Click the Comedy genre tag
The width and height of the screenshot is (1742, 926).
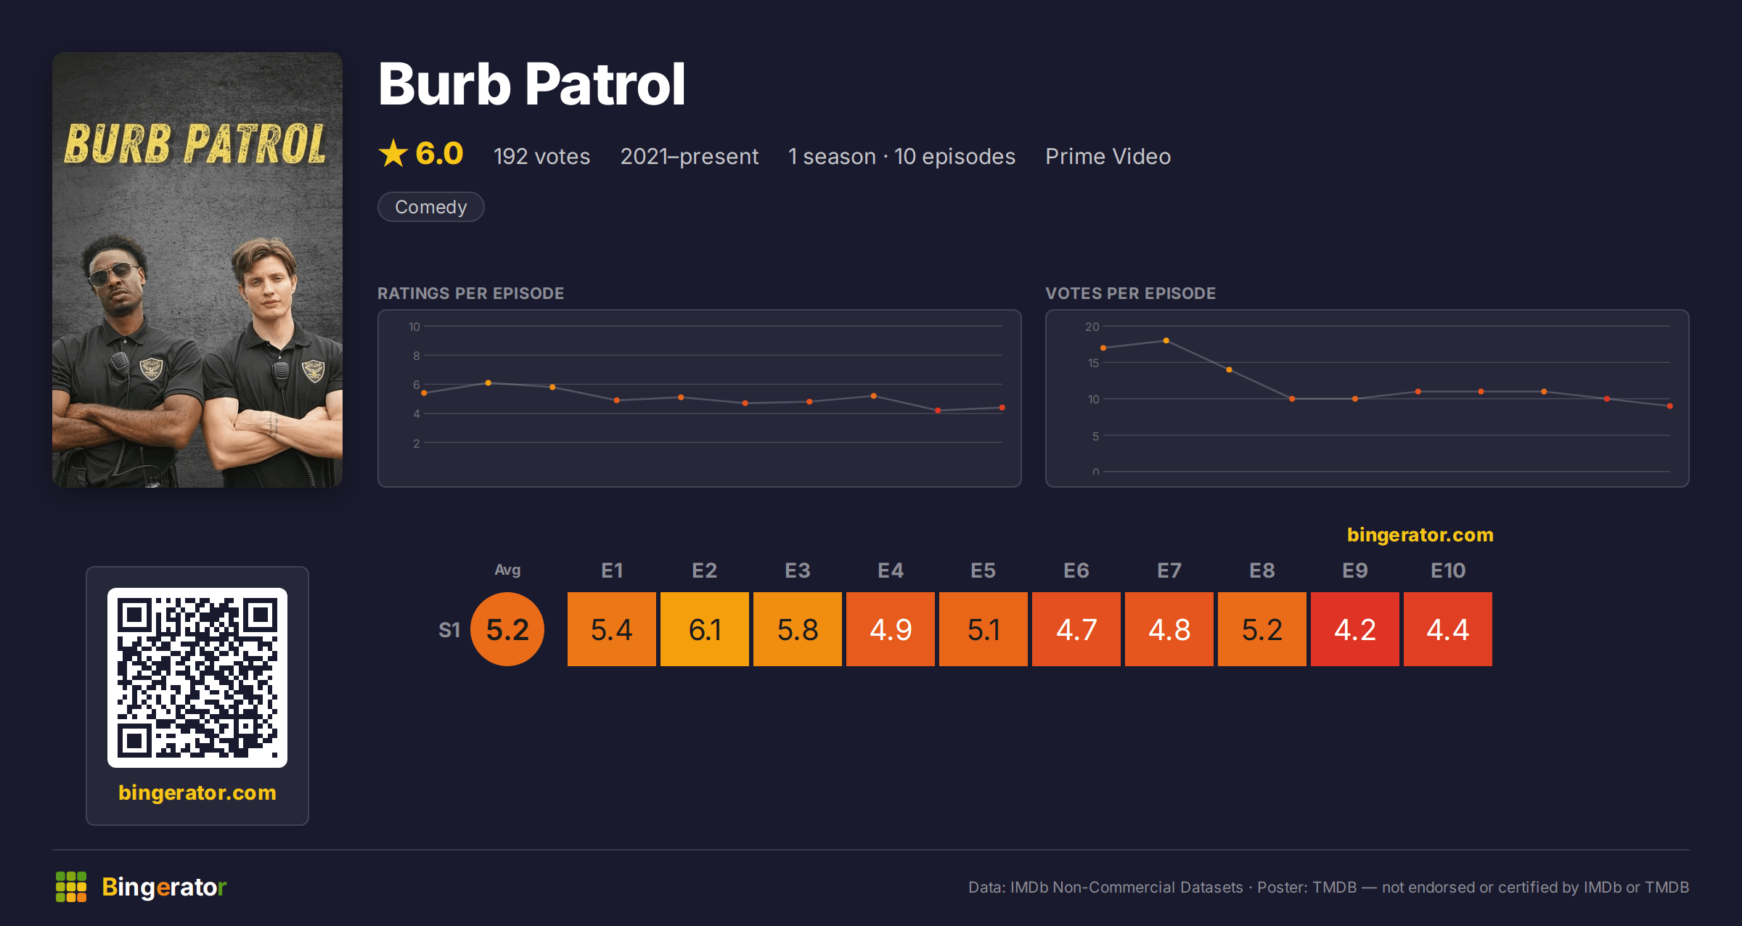(431, 207)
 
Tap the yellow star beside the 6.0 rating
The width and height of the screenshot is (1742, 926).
(393, 153)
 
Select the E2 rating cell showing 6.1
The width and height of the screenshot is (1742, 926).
(705, 629)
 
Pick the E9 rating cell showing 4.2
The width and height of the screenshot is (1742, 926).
(1355, 629)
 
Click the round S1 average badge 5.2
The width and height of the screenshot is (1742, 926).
(507, 629)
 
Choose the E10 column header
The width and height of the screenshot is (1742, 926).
(1448, 570)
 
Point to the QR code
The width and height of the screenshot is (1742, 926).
(197, 678)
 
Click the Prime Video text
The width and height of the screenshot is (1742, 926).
(1108, 156)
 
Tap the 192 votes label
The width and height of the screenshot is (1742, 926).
(541, 156)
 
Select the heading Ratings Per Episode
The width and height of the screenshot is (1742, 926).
(470, 293)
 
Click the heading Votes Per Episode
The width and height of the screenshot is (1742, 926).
(1130, 293)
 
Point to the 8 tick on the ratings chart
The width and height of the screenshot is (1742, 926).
(416, 356)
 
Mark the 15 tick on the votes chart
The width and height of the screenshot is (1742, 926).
(1093, 363)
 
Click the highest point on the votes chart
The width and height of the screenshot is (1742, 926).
(1166, 340)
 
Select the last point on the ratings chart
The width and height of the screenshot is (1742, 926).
(1002, 408)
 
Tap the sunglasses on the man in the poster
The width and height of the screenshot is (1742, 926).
(115, 275)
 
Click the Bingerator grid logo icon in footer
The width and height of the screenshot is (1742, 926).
(71, 887)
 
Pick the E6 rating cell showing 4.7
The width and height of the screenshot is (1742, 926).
(1076, 629)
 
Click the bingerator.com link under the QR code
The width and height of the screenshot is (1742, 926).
(197, 792)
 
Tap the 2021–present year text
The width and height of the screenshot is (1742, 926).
(689, 156)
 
